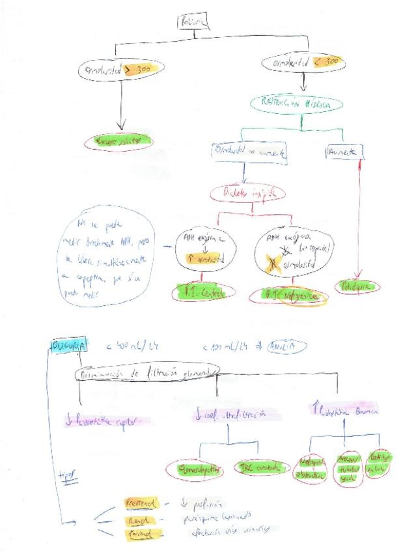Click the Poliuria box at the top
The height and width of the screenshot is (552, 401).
pos(193,23)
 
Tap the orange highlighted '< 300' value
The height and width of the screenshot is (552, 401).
pos(327,62)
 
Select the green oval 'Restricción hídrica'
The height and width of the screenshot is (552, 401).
pos(300,103)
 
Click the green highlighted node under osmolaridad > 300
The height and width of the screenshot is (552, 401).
pos(121,141)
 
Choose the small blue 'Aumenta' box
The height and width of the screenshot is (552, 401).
pos(344,152)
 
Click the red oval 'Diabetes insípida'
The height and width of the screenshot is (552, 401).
pos(247,193)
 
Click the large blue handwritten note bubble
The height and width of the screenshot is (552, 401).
pos(111,255)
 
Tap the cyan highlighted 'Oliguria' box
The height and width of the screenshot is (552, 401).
pos(68,346)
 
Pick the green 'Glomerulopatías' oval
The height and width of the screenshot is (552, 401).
pos(194,468)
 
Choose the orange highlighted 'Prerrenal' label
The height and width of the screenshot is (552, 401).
pos(141,503)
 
